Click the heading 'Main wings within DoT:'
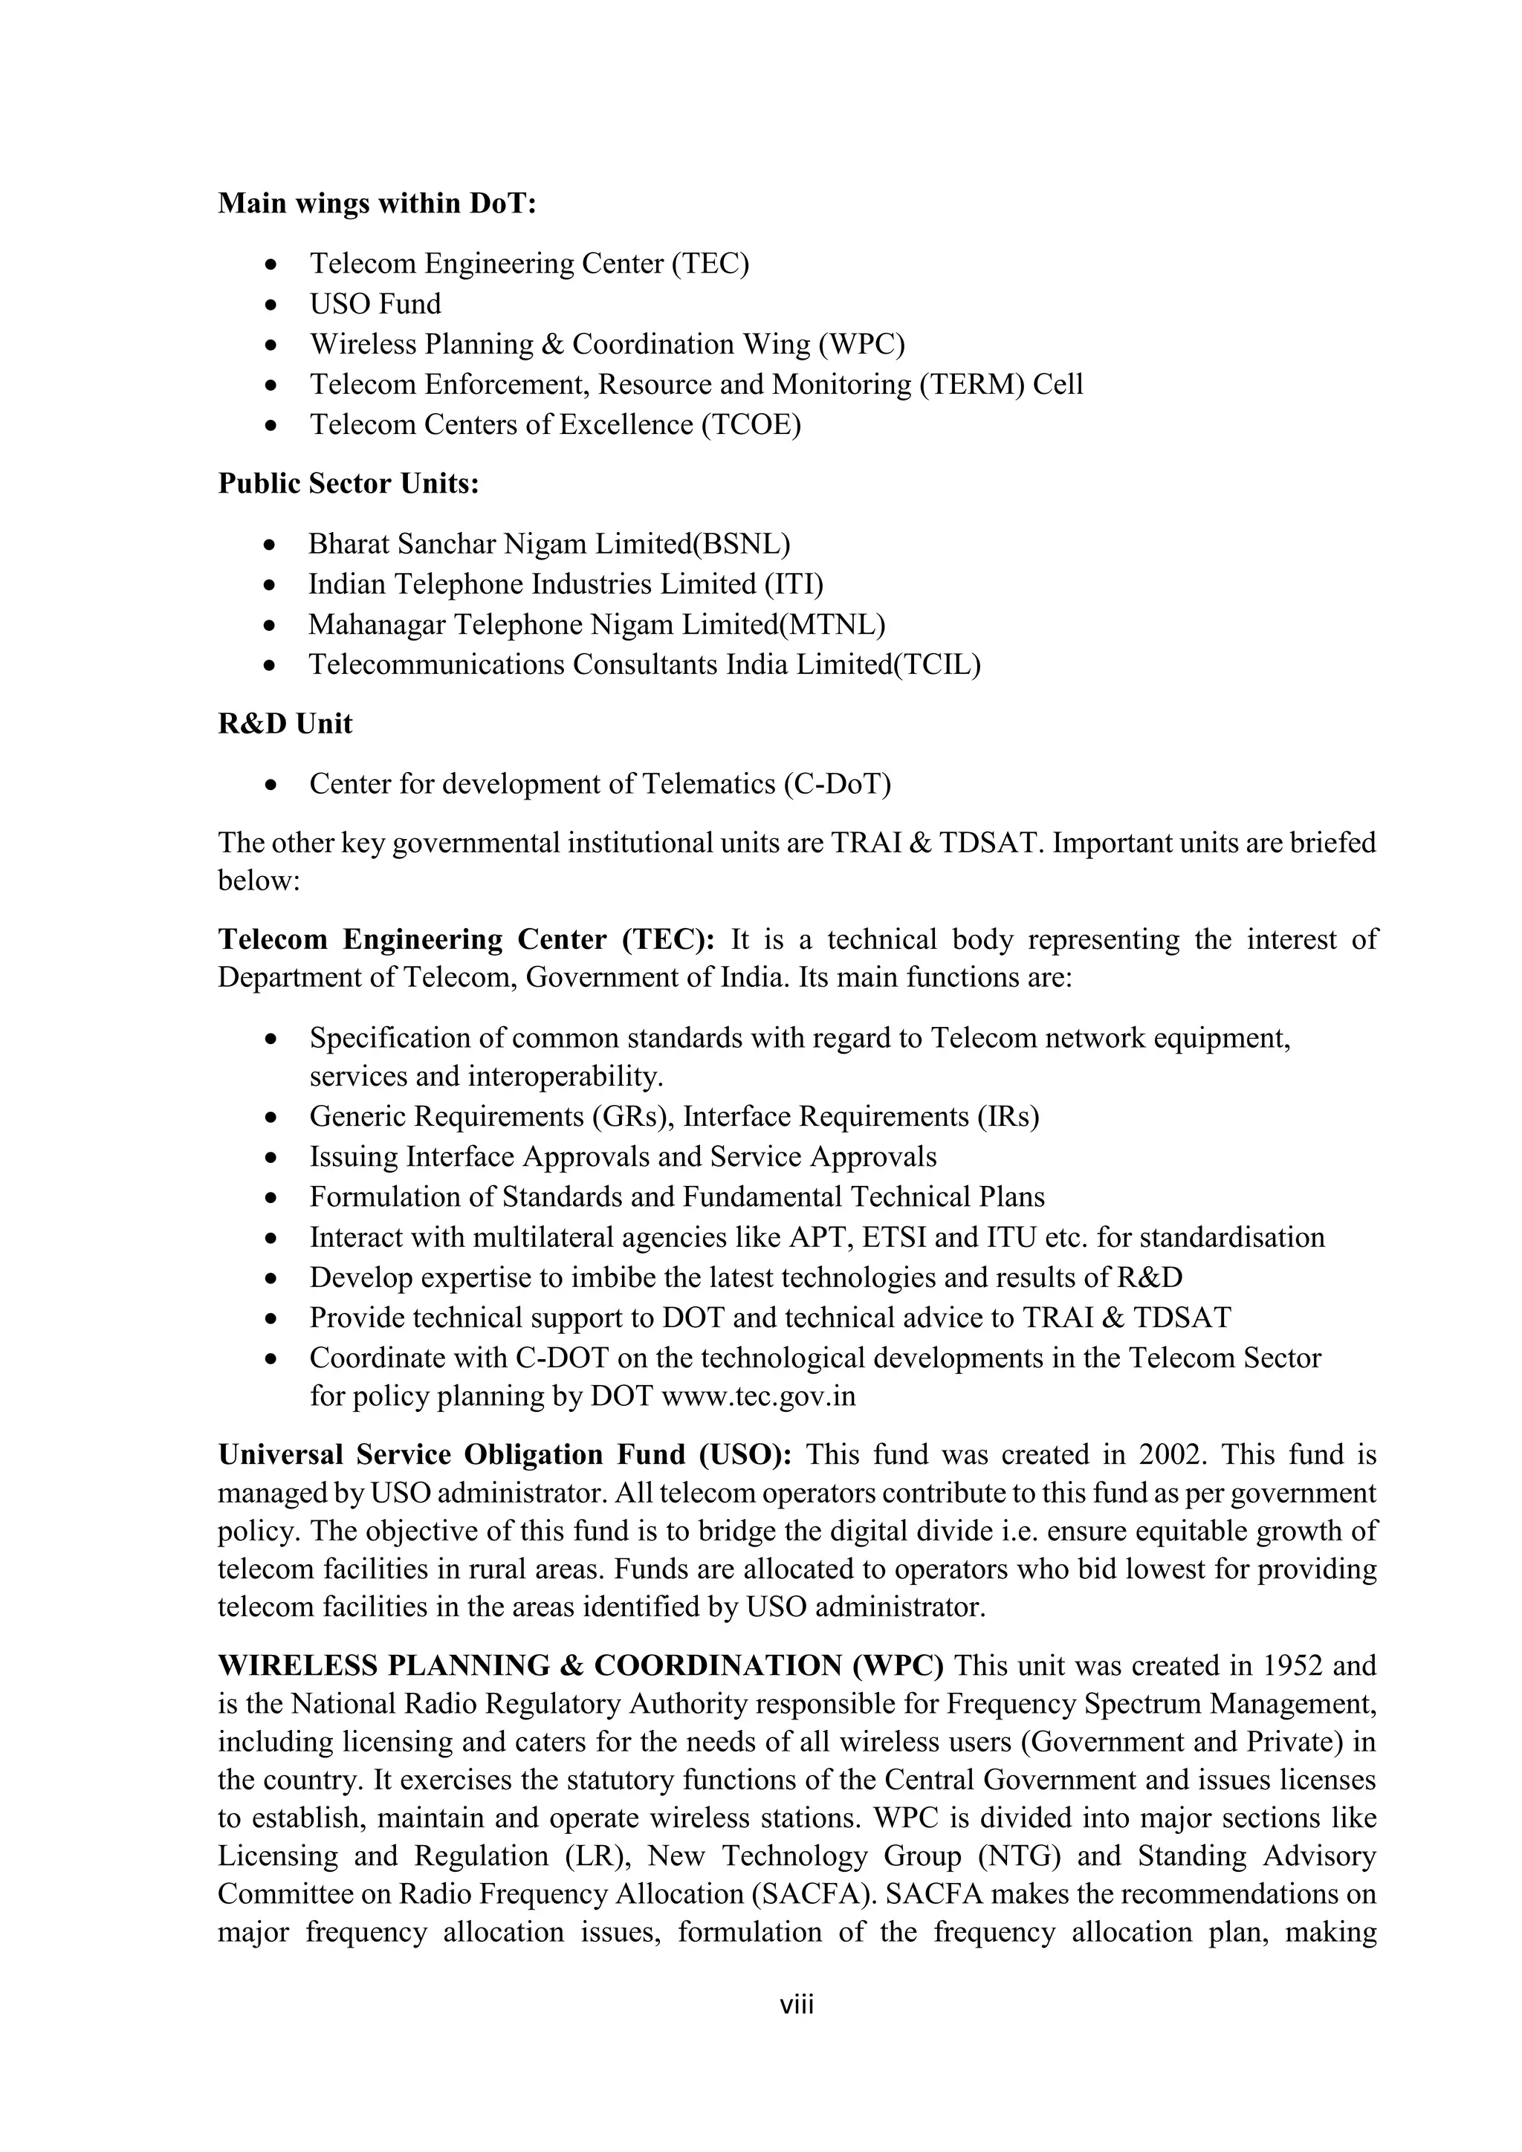[x=377, y=204]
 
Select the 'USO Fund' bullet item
[x=375, y=304]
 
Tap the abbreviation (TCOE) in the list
[x=751, y=424]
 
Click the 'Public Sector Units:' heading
[x=349, y=484]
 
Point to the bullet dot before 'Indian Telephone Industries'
[x=270, y=586]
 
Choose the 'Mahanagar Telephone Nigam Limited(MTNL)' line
[x=596, y=624]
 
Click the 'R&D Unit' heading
[x=285, y=725]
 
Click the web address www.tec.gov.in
[x=758, y=1396]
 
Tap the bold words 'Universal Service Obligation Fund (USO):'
[x=505, y=1455]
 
